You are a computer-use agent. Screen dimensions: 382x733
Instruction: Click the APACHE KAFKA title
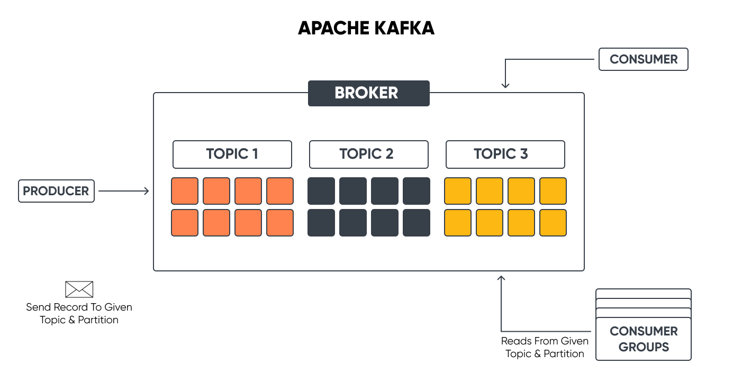pos(366,28)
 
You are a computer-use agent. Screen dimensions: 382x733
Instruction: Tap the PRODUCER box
pos(56,191)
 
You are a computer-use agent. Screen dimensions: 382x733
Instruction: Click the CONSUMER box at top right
pos(643,59)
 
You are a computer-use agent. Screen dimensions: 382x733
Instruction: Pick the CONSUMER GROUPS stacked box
pos(644,339)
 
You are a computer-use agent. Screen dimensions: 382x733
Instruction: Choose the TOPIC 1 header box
pos(232,154)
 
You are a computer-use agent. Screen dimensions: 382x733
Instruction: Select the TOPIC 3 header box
pos(505,154)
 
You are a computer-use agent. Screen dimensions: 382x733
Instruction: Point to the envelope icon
pos(79,289)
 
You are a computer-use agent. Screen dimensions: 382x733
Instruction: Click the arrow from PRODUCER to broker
pos(124,191)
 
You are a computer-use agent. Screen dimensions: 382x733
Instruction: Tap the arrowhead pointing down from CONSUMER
pos(505,85)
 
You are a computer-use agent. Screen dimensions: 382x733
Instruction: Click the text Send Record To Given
pos(79,307)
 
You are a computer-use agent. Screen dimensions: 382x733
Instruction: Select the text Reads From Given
pos(545,341)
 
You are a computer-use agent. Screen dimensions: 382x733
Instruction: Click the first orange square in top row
pos(185,191)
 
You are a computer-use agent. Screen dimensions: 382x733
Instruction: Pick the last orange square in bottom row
pos(280,223)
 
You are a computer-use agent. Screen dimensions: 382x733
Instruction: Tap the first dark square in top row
pos(321,191)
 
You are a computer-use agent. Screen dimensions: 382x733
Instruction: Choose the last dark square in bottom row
pos(417,223)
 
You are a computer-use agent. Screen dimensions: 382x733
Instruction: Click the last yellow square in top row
pos(553,191)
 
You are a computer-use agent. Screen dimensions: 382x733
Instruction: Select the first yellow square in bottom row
pos(458,223)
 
